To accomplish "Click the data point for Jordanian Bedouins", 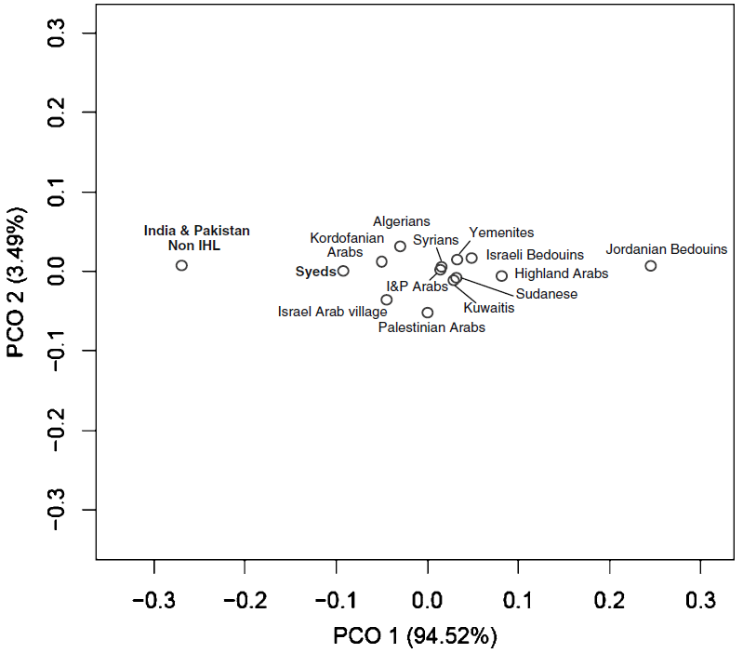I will click(x=651, y=266).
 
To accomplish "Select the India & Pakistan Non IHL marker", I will click(x=182, y=265).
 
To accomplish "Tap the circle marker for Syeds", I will click(x=343, y=271).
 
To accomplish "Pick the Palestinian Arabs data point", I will click(x=428, y=313).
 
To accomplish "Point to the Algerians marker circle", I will click(x=400, y=247).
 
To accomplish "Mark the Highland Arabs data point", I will click(x=502, y=275).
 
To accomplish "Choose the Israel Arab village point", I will click(x=387, y=300).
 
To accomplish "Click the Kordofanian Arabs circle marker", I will click(x=381, y=261).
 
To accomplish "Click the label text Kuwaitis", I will click(x=488, y=308).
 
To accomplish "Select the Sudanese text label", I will click(x=546, y=294).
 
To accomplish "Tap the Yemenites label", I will click(x=501, y=233).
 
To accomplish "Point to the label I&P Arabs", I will click(x=418, y=287).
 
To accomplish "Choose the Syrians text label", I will click(x=436, y=240).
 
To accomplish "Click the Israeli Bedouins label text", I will click(x=535, y=254).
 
